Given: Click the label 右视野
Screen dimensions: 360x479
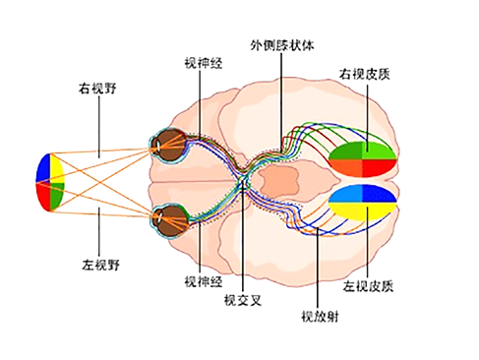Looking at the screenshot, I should tap(98, 88).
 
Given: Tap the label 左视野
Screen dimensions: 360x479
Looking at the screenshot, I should tap(101, 265).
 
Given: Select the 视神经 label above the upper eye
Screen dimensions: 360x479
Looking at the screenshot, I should tap(204, 62).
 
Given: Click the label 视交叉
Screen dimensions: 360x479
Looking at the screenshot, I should tap(242, 299).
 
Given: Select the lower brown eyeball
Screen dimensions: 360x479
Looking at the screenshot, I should tap(174, 217).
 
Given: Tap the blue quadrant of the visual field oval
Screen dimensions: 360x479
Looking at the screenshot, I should tap(42, 168).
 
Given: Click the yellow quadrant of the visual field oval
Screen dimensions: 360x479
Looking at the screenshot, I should tap(57, 168).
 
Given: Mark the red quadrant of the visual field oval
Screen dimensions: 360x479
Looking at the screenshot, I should tap(43, 196).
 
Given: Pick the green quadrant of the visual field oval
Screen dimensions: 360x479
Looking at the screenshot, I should tap(57, 195).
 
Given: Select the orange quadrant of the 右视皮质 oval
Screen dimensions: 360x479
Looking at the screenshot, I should tap(348, 167).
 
